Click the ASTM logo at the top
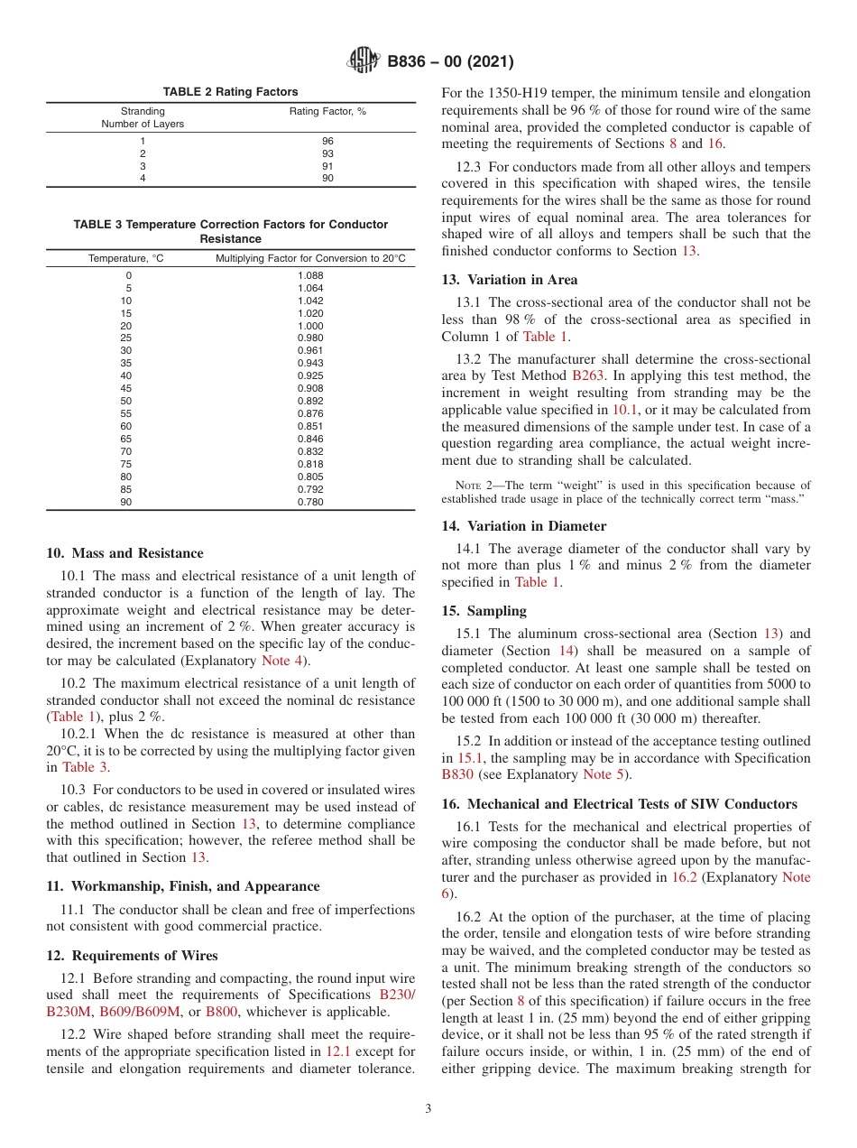coord(364,62)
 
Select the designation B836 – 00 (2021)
coord(450,62)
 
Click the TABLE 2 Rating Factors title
coord(230,92)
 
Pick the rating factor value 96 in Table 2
coord(327,142)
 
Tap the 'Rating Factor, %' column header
coord(327,112)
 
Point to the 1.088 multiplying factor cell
coord(309,275)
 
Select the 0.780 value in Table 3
coord(309,503)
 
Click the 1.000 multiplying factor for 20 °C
coord(309,326)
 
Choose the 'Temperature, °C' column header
coord(126,259)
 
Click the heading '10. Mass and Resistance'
coord(124,553)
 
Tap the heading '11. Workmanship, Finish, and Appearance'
coord(182,886)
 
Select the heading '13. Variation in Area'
coord(510,280)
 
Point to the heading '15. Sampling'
coord(484,611)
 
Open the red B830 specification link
coord(457,774)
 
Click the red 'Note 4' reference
coord(282,661)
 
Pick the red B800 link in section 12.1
coord(221,1012)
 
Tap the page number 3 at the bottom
coord(428,1109)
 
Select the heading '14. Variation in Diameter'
coord(523,526)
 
